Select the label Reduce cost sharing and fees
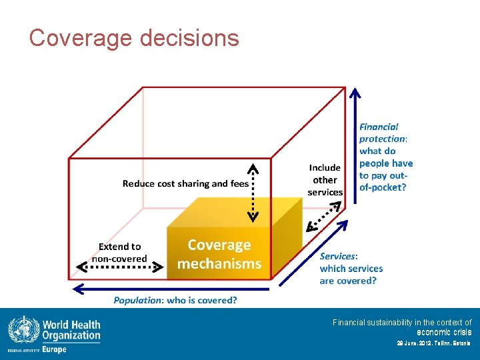click(185, 183)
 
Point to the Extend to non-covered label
click(119, 253)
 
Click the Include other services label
click(325, 180)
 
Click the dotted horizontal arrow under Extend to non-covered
click(119, 269)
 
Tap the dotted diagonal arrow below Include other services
click(325, 215)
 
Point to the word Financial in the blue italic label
click(379, 127)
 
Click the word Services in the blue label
click(338, 256)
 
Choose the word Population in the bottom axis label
click(138, 301)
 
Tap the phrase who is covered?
click(202, 301)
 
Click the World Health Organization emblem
click(23, 330)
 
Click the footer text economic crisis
click(444, 332)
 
